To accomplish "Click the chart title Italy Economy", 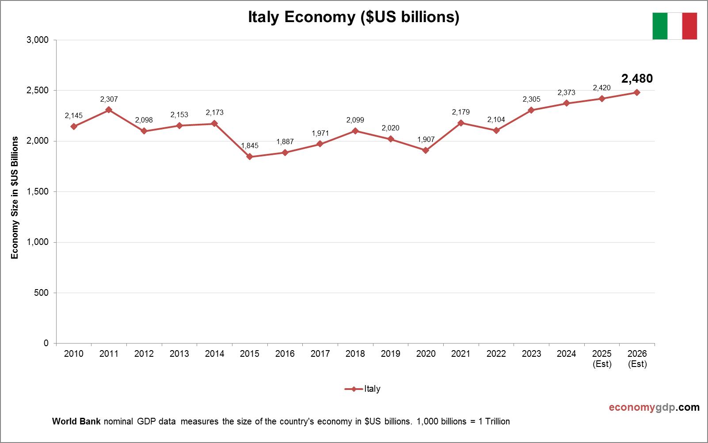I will (x=354, y=17).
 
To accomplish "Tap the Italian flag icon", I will (x=674, y=26).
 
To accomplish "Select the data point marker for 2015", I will (x=250, y=157).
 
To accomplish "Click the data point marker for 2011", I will (x=109, y=110).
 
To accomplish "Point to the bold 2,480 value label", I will (x=637, y=79).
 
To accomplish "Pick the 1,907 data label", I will (x=426, y=139).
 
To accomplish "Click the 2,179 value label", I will (x=461, y=112).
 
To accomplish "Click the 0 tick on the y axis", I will (x=46, y=343).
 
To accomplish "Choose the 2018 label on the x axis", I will (x=355, y=354).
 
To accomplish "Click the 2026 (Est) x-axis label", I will (x=637, y=359).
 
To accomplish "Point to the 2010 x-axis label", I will (x=74, y=354).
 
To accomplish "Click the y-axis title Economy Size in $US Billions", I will (x=15, y=197).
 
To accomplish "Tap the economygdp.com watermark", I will (x=654, y=407).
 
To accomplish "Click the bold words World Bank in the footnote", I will (x=76, y=421).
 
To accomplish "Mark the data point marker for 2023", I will (x=531, y=110).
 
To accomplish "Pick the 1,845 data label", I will (x=250, y=145).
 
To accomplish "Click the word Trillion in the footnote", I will (x=497, y=421).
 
